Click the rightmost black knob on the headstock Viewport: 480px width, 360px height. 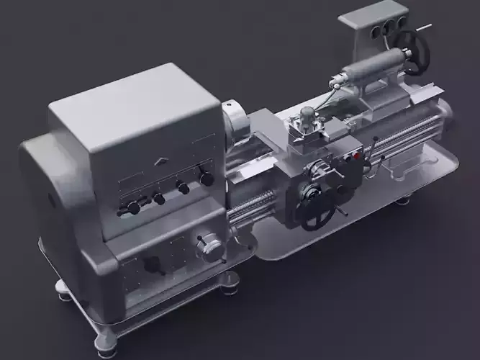pyautogui.click(x=206, y=179)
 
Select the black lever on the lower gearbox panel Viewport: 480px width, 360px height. pyautogui.click(x=152, y=264)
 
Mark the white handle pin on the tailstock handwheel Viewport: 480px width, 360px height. pyautogui.click(x=425, y=29)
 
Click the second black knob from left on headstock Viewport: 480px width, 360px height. pyautogui.click(x=158, y=198)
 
